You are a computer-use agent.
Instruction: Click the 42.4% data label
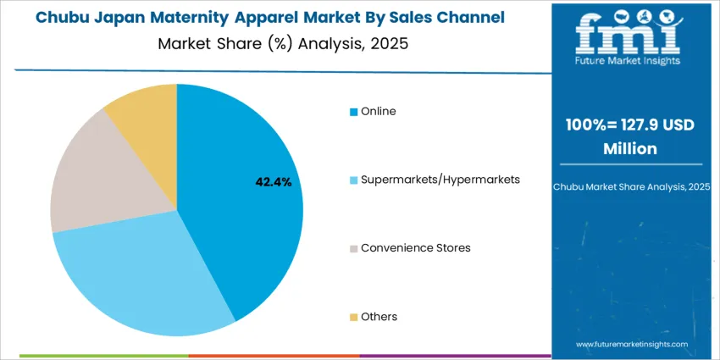[274, 181]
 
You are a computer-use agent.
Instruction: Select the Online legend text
[378, 111]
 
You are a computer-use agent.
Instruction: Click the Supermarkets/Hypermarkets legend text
[440, 180]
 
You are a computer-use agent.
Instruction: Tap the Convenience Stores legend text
[415, 248]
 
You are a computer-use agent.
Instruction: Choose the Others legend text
[379, 317]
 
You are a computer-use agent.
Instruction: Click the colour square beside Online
[354, 112]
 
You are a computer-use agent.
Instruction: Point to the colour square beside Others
[354, 317]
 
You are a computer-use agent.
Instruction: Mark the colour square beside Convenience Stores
[354, 248]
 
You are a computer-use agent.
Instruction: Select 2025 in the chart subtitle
[389, 43]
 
